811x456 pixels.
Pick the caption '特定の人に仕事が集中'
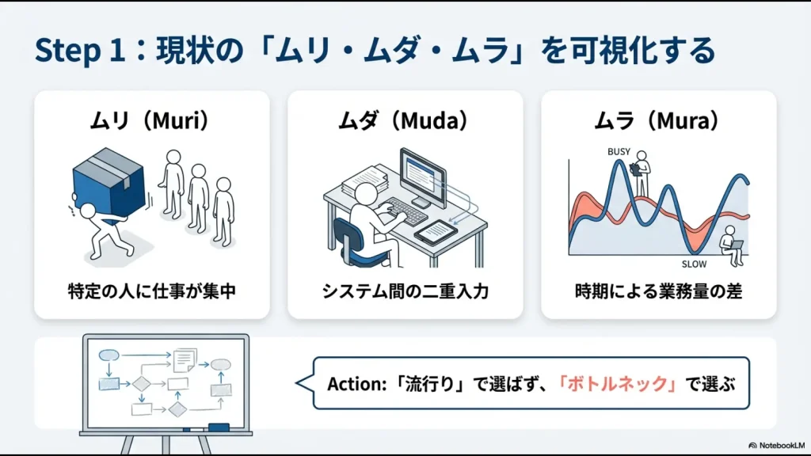coord(151,291)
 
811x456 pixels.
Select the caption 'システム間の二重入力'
coord(405,291)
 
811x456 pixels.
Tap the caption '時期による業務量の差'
coord(658,291)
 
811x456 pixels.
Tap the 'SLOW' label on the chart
coord(694,264)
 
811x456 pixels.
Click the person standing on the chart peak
coord(640,170)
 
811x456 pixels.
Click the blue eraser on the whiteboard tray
coord(218,427)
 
